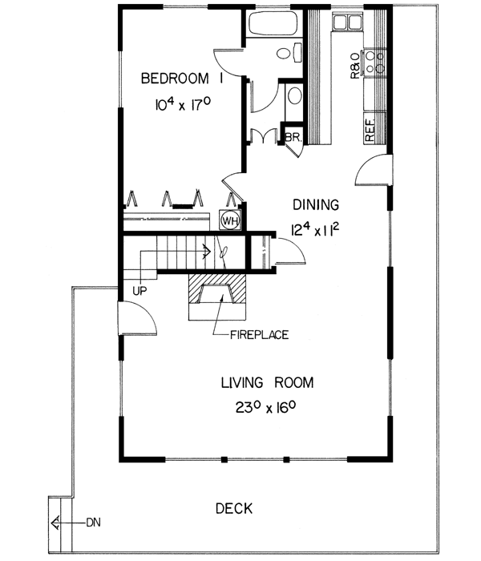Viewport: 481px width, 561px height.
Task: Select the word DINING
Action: (x=315, y=205)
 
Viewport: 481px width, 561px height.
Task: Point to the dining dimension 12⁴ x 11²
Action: (x=315, y=232)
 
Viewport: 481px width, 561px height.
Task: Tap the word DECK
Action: (x=234, y=508)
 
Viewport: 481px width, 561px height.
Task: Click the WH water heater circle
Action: (x=228, y=220)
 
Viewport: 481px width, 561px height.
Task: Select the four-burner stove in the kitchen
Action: (x=373, y=63)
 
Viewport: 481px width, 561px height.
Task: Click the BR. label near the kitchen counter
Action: (x=292, y=137)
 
